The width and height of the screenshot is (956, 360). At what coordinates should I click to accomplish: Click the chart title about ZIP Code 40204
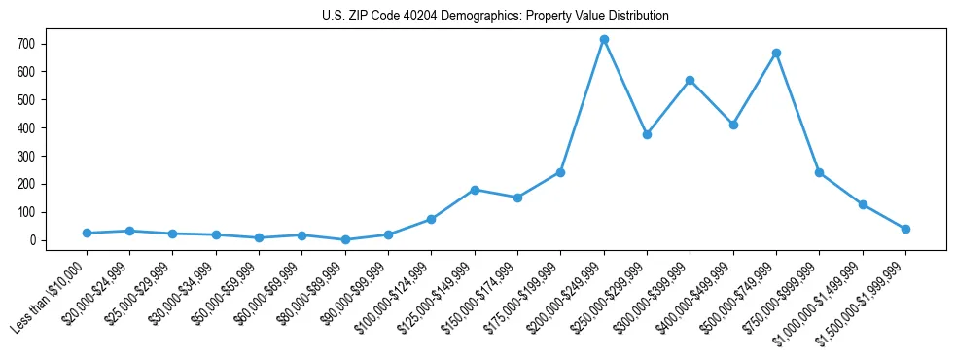tap(495, 17)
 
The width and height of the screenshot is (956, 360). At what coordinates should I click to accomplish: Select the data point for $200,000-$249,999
tap(604, 39)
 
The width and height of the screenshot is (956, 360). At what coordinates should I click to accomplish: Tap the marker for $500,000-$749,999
tap(776, 53)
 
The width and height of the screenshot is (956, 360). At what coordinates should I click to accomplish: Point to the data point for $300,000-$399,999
tap(690, 80)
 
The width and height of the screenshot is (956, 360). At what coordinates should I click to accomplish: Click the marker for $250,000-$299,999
tap(647, 134)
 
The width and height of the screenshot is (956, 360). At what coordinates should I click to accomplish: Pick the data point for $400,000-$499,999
tap(733, 125)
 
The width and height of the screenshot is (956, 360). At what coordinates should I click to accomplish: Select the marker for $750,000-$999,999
tap(819, 172)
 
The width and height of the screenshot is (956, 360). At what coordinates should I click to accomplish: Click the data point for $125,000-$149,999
tap(475, 190)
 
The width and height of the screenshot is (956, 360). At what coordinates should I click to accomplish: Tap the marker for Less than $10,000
tap(87, 233)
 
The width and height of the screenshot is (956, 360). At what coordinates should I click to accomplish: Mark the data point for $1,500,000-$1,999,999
tap(905, 229)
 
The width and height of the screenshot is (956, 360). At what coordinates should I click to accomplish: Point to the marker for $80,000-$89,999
tap(345, 239)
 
